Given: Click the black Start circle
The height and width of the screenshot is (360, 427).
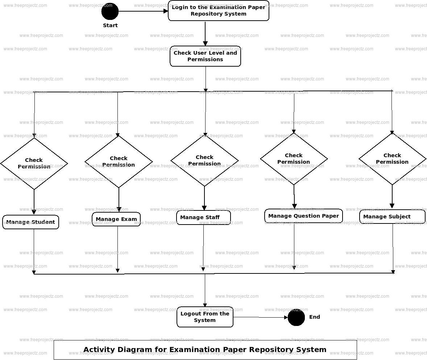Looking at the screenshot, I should point(110,11).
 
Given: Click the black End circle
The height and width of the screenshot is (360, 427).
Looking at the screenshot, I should point(296,317).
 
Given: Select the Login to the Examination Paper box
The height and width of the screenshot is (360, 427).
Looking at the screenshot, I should point(219,11).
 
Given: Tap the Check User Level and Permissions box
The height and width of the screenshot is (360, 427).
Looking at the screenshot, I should point(205,56).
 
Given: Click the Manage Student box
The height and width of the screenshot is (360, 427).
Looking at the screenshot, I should point(30,222).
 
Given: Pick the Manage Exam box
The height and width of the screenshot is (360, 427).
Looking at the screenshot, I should point(116,219).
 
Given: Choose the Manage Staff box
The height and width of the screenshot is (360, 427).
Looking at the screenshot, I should point(203,217).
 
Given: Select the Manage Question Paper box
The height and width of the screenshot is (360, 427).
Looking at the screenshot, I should point(303,216).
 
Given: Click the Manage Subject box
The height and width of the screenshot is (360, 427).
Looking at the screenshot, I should point(392,217).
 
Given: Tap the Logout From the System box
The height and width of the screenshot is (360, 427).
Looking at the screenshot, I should point(205,317).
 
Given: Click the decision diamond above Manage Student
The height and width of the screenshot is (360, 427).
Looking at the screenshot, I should point(34,163).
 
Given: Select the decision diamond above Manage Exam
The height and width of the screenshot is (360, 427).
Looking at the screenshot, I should point(119,162).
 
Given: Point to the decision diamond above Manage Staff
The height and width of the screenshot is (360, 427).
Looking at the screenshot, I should point(204,160).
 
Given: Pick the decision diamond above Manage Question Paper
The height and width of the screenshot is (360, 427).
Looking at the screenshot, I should point(294,159).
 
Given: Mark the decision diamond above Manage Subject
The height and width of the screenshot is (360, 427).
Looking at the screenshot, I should point(392,159).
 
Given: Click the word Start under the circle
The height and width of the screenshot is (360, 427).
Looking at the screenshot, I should point(110,25).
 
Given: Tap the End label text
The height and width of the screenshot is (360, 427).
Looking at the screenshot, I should point(314,317).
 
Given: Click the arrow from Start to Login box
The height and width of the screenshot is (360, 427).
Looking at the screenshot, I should point(143,11).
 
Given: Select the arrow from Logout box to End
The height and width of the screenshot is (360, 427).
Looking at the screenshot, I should point(260,317).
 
